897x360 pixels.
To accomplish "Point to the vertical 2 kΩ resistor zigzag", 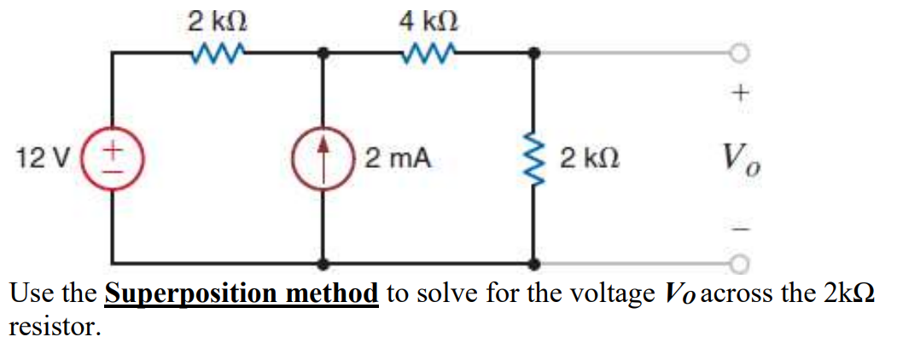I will [534, 159].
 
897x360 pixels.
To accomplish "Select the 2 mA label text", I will [398, 159].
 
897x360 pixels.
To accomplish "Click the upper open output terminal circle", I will [739, 53].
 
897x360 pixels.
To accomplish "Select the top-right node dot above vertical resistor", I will [534, 53].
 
